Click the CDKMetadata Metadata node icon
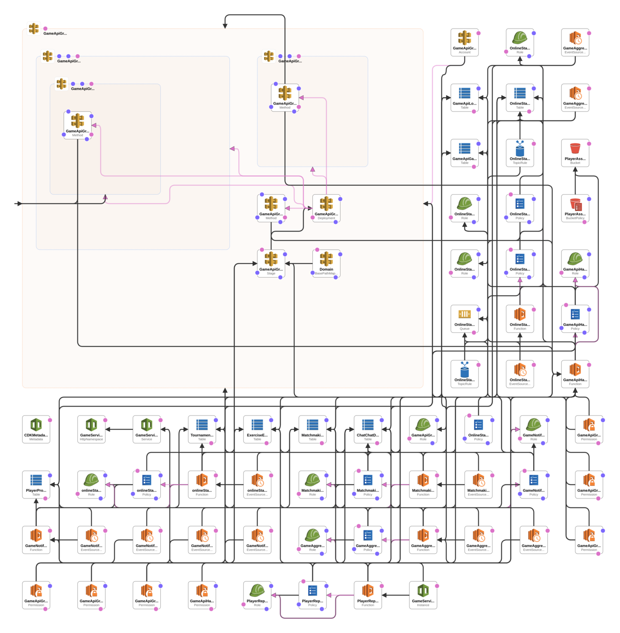(36, 425)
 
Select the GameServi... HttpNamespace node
(91, 429)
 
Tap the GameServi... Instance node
(423, 595)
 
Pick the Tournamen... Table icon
(202, 425)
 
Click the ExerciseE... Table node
(257, 429)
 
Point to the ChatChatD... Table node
(368, 429)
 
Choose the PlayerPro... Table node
(36, 484)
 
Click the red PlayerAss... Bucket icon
(575, 148)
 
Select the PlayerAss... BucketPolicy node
(575, 208)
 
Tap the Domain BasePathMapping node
(326, 263)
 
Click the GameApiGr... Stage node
(271, 263)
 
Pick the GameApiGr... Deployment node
(326, 208)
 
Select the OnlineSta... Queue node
(464, 318)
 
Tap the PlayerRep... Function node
(368, 595)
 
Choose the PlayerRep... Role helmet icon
(257, 590)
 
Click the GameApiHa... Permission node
(202, 595)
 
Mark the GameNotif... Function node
(36, 539)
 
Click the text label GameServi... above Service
(147, 435)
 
